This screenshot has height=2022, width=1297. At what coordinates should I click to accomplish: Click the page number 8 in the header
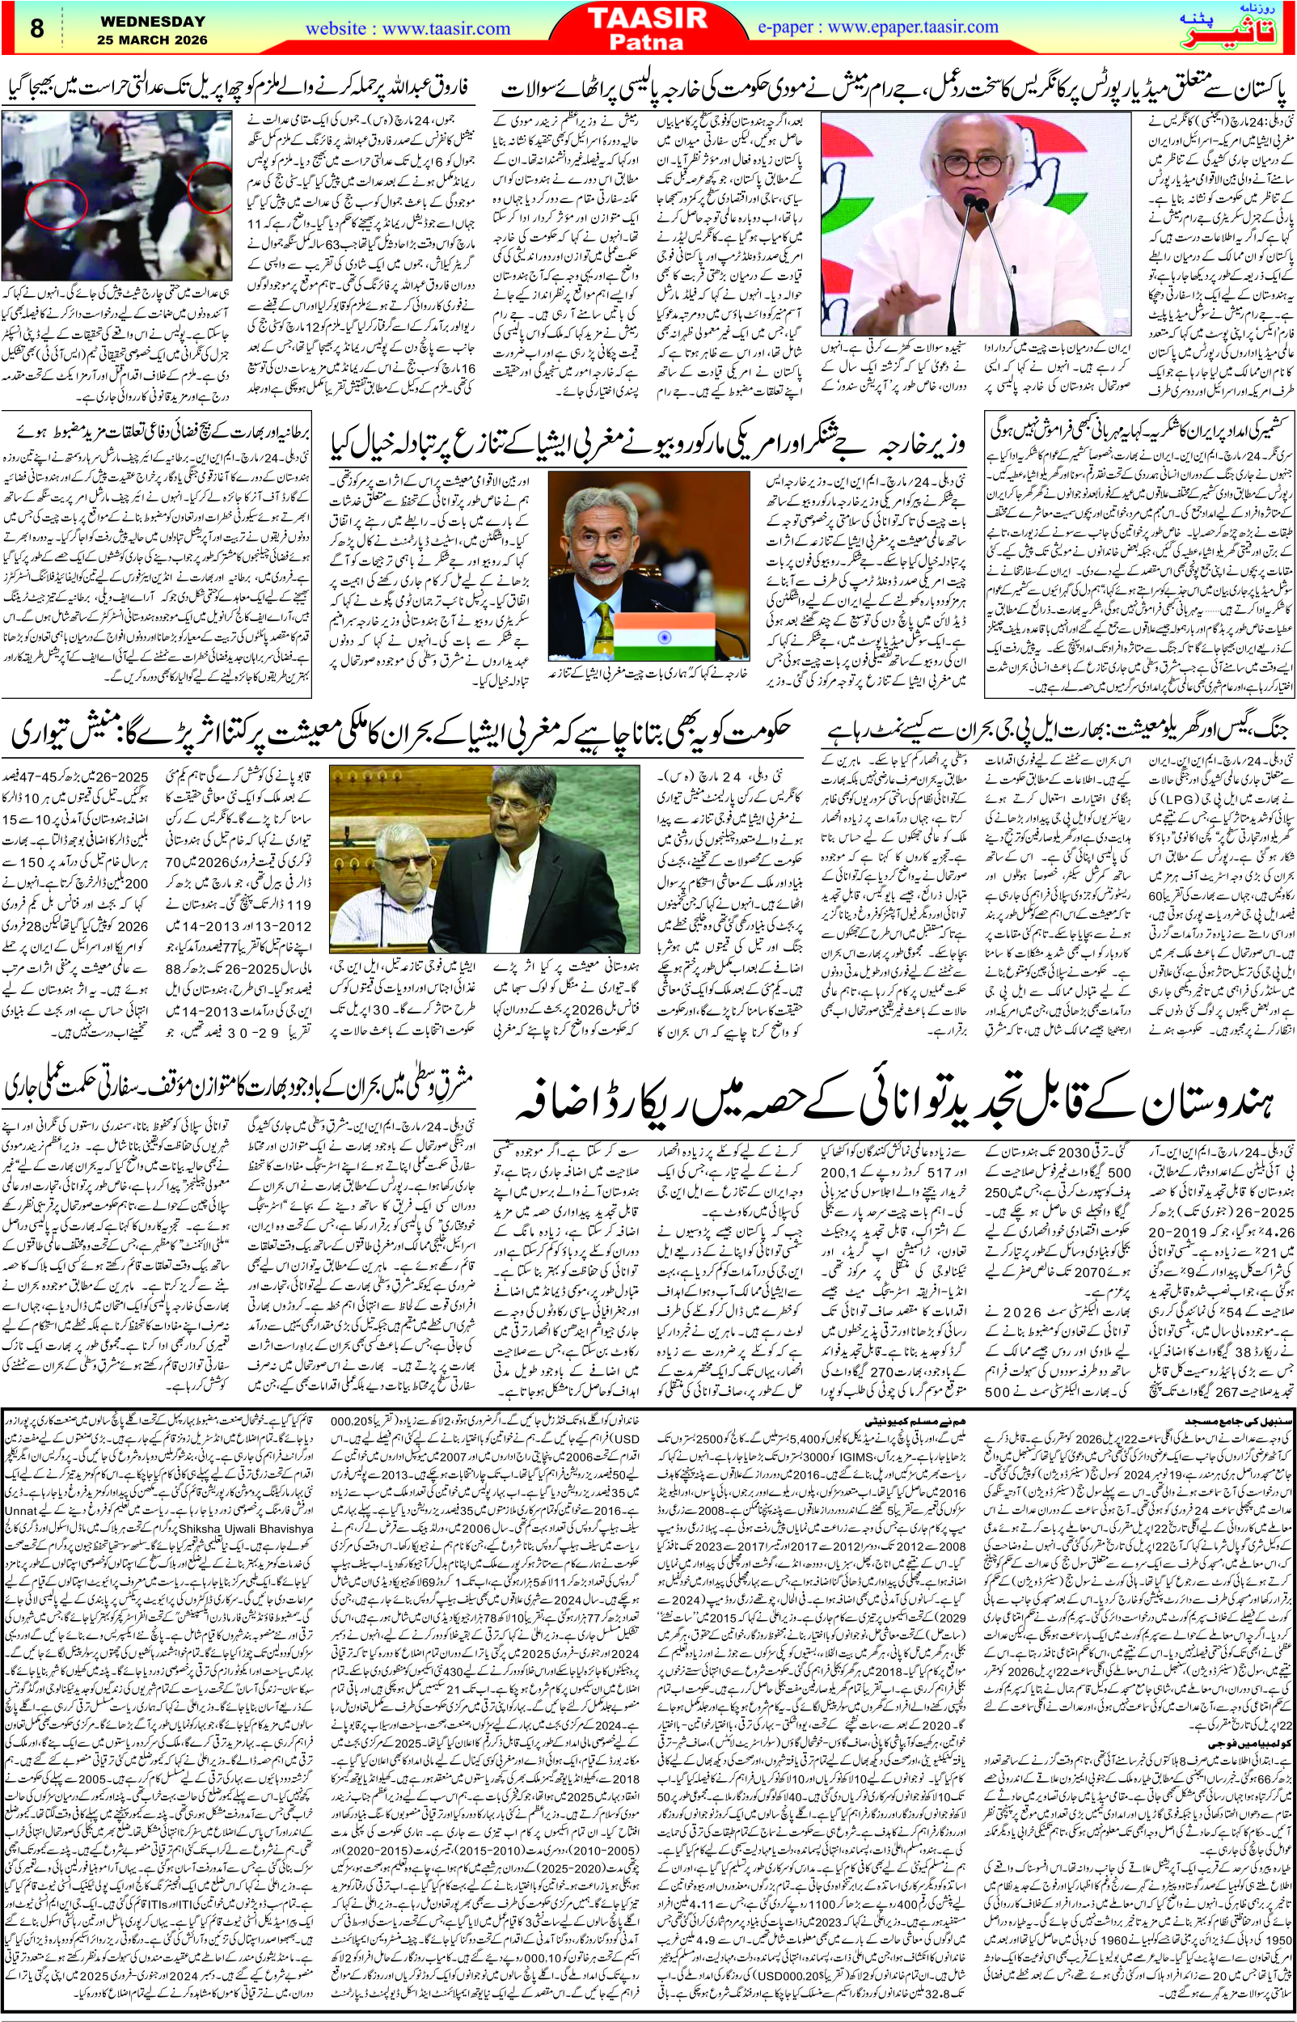click(x=37, y=28)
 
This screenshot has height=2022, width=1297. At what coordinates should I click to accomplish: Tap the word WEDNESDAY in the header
click(x=153, y=22)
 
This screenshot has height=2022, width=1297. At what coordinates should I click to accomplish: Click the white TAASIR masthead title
click(x=647, y=18)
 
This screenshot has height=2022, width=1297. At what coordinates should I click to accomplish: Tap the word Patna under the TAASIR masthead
click(x=647, y=42)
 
